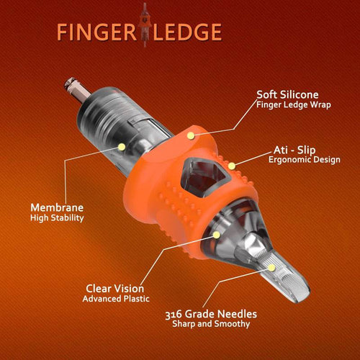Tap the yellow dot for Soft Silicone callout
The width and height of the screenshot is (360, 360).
coord(191,132)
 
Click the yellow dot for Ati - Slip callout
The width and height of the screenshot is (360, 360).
coord(232,165)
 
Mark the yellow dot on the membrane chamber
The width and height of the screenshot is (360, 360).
coord(122,146)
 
